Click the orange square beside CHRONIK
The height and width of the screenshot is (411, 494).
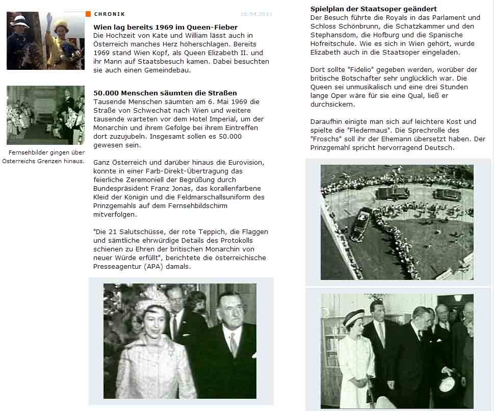click(88, 14)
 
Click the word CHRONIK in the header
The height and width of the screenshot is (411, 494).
click(110, 14)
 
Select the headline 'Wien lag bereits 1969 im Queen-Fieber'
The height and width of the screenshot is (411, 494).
click(165, 27)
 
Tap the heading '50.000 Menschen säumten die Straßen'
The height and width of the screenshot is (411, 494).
click(165, 93)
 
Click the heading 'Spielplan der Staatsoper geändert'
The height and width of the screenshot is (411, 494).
click(373, 9)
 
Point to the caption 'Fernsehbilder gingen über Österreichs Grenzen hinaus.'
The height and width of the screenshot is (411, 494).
click(44, 157)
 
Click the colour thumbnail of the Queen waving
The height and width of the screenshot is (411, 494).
click(45, 41)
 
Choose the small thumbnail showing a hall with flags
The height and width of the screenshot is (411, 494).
click(45, 115)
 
